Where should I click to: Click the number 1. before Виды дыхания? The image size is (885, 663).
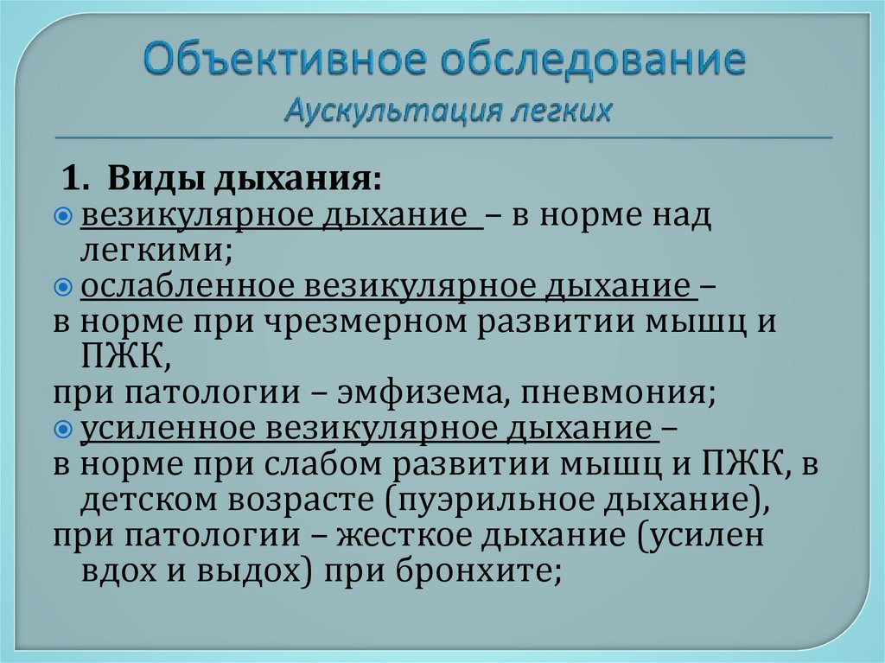tap(77, 181)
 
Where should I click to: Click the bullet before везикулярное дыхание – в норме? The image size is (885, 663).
tap(63, 216)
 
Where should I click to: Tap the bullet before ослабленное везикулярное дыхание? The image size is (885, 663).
tap(63, 287)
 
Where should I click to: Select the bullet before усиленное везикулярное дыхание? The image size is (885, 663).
tap(63, 429)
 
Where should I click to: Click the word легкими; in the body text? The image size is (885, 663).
tap(156, 252)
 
